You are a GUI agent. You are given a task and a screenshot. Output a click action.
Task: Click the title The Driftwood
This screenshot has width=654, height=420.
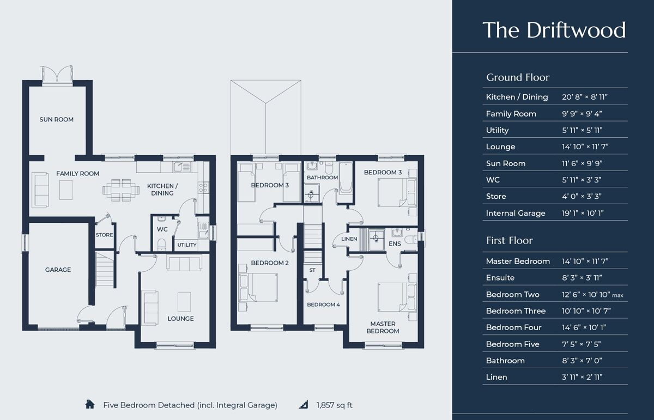(x=554, y=30)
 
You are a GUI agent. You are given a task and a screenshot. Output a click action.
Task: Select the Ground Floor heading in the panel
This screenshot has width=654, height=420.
(x=518, y=77)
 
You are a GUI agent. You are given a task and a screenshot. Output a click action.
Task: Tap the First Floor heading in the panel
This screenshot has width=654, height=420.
(x=509, y=240)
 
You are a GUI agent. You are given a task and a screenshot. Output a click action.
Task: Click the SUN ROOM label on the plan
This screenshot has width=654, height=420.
(x=56, y=119)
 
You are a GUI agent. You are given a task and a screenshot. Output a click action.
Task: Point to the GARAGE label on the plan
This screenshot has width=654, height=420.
(x=58, y=270)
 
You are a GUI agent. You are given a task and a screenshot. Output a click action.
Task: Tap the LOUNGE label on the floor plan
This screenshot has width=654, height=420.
(x=180, y=319)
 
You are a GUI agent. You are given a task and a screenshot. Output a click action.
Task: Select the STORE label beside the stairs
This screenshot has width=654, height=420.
(x=104, y=235)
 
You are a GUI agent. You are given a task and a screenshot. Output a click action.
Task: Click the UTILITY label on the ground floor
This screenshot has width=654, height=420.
(x=187, y=245)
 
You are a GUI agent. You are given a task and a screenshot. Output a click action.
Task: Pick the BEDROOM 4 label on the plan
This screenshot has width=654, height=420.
(x=323, y=305)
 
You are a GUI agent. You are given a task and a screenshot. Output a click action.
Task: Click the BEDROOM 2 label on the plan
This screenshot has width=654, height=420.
(x=269, y=263)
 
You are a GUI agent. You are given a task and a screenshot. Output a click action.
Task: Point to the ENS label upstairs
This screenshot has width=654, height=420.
(x=395, y=244)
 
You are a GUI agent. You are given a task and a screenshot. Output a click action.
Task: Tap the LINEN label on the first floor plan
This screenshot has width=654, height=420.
(x=349, y=239)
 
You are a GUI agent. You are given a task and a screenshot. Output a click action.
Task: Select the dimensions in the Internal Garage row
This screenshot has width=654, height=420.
(x=585, y=213)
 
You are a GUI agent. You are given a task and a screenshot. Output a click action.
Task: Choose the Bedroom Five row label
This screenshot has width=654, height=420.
(x=512, y=344)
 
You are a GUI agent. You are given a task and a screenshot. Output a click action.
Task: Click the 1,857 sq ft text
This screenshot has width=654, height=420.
(x=334, y=405)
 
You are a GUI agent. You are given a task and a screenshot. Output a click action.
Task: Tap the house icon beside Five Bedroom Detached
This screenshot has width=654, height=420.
(x=90, y=405)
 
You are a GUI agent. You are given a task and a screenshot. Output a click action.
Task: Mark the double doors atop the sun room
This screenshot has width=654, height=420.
(x=57, y=74)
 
